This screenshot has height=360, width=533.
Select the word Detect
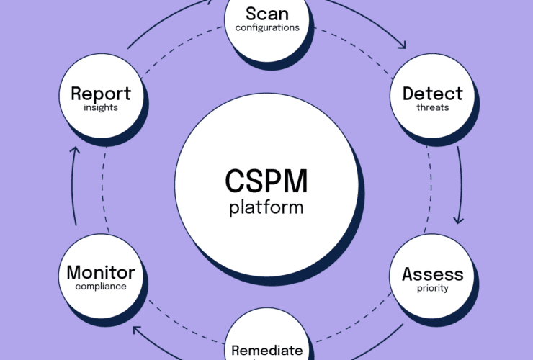point(432,94)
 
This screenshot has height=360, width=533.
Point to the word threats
point(432,108)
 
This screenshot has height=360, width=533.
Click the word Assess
point(432,274)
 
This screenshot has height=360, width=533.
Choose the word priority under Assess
point(432,289)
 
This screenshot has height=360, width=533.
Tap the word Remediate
point(266,351)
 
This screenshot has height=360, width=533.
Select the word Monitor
point(101,273)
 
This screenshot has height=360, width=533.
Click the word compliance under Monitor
point(101,287)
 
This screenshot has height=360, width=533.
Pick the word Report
point(100,94)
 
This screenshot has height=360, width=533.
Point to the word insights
point(100,108)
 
